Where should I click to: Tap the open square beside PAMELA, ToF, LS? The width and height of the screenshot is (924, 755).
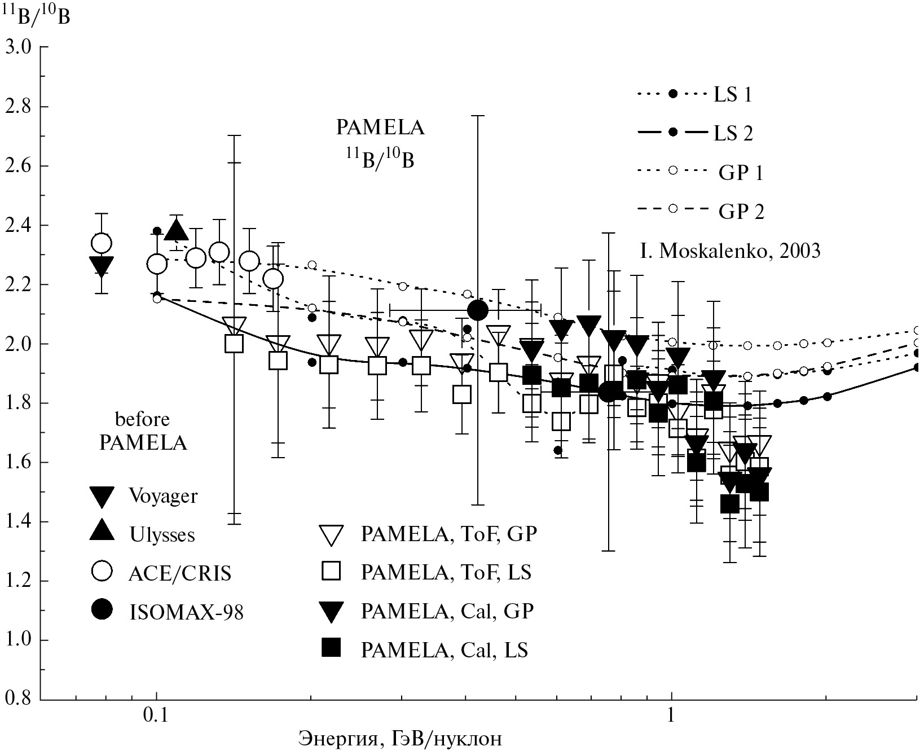[x=331, y=572]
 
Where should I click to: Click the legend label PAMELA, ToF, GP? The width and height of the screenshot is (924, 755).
[x=448, y=534]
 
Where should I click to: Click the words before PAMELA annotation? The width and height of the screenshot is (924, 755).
[x=143, y=432]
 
